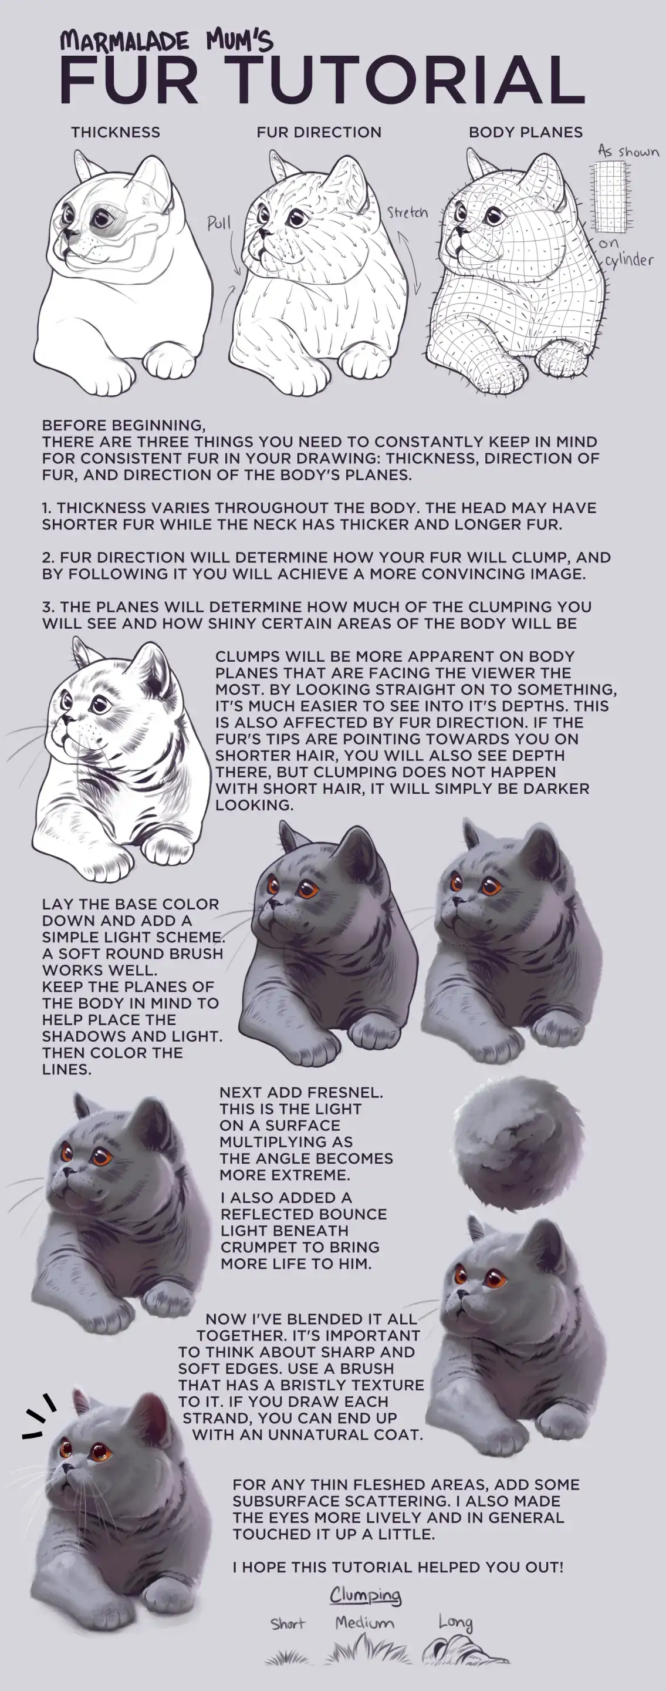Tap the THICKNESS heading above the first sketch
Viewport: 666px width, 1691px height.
[116, 132]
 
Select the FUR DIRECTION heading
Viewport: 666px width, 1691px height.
[319, 132]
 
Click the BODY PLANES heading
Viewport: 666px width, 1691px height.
[526, 132]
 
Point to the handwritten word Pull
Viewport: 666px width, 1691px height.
[219, 223]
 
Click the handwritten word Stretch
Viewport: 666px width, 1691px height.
[407, 212]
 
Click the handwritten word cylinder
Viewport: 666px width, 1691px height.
[629, 261]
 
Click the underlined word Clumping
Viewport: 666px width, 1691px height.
[366, 1595]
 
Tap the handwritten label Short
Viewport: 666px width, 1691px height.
[288, 1623]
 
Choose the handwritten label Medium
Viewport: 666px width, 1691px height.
[365, 1623]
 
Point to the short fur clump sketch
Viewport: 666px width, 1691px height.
[287, 1658]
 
